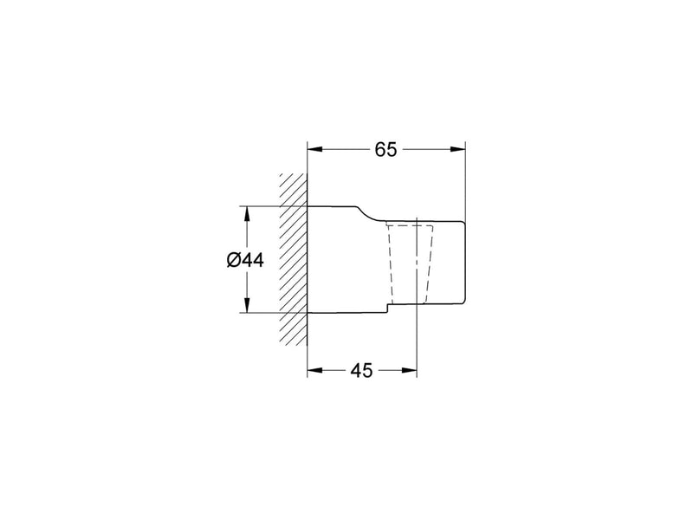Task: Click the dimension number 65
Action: pyautogui.click(x=385, y=150)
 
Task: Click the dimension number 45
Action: pyautogui.click(x=361, y=371)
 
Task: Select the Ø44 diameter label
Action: pyautogui.click(x=245, y=261)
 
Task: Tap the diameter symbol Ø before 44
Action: pyautogui.click(x=233, y=261)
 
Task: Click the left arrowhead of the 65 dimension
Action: pyautogui.click(x=315, y=149)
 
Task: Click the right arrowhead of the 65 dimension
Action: pyautogui.click(x=458, y=149)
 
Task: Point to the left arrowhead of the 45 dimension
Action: pyautogui.click(x=315, y=370)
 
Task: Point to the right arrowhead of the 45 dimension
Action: pyautogui.click(x=409, y=370)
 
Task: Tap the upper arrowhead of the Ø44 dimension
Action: pyautogui.click(x=247, y=214)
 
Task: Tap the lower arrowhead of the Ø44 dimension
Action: pyautogui.click(x=247, y=305)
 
